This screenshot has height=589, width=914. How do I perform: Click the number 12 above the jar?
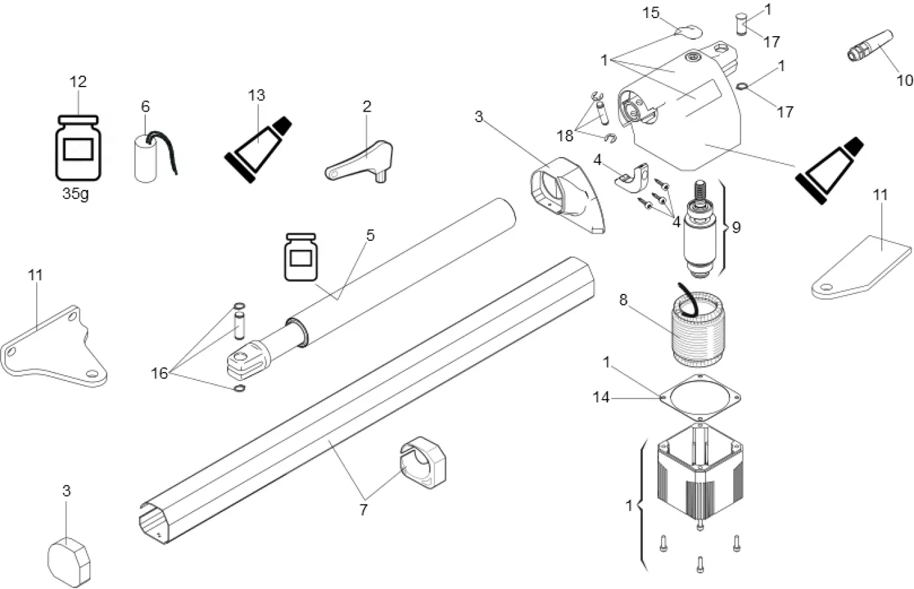pyautogui.click(x=77, y=82)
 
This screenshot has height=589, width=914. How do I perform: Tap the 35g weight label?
pyautogui.click(x=76, y=193)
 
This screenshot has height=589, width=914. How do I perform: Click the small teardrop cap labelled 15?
pyautogui.click(x=687, y=28)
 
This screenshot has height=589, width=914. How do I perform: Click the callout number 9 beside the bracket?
pyautogui.click(x=736, y=227)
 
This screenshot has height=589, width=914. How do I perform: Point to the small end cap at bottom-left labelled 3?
pyautogui.click(x=69, y=559)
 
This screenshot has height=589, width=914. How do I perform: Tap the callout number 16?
pyautogui.click(x=159, y=373)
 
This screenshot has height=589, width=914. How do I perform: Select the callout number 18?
pyautogui.click(x=565, y=136)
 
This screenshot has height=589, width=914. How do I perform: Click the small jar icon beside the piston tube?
pyautogui.click(x=301, y=256)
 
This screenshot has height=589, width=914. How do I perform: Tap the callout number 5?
pyautogui.click(x=370, y=236)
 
